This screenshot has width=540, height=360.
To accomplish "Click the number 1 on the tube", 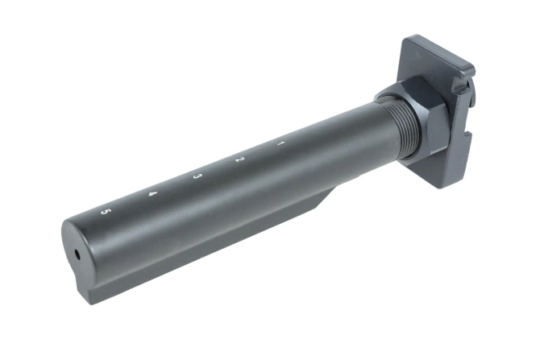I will [x=280, y=144].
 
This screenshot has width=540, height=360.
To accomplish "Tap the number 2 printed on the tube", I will [x=239, y=160].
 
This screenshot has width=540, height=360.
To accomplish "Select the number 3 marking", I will [x=197, y=176].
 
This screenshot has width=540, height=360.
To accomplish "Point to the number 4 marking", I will [x=153, y=194].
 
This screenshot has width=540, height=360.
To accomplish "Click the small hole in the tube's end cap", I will [x=77, y=253].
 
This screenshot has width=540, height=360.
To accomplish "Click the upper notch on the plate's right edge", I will [x=463, y=80].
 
